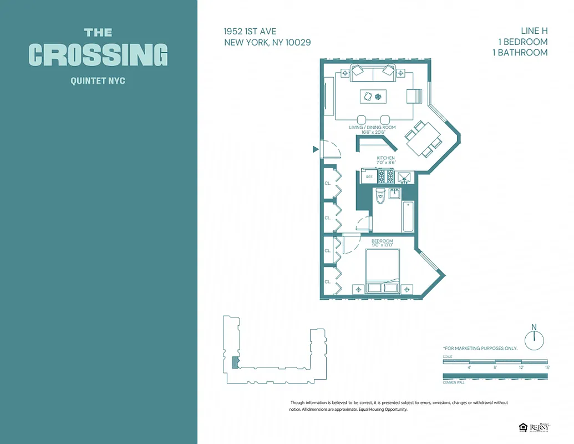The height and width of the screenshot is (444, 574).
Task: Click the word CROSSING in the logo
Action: pyautogui.click(x=98, y=54)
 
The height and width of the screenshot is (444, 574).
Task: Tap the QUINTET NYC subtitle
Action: pyautogui.click(x=98, y=81)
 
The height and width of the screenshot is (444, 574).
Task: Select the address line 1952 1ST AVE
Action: pyautogui.click(x=250, y=32)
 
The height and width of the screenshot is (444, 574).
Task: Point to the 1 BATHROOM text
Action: pyautogui.click(x=520, y=53)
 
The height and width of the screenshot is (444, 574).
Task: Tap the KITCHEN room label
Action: pyautogui.click(x=385, y=158)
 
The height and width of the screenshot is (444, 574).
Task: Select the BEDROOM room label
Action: pyautogui.click(x=382, y=241)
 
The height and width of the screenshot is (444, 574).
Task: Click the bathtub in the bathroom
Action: pyautogui.click(x=408, y=216)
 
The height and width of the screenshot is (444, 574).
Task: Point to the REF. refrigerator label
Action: pyautogui.click(x=369, y=177)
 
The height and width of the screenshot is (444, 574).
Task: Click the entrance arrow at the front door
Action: pyautogui.click(x=316, y=149)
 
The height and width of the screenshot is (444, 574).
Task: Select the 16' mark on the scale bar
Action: pyautogui.click(x=547, y=367)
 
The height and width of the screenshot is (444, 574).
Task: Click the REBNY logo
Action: pyautogui.click(x=539, y=427)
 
